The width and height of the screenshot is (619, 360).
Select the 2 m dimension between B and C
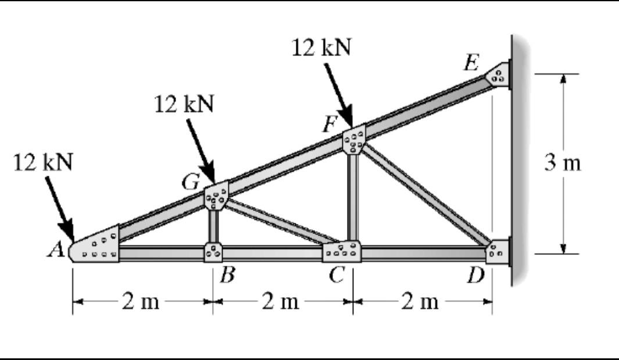point(281,302)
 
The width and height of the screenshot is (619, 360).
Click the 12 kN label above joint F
point(321,48)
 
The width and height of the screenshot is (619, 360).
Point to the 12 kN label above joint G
point(184,104)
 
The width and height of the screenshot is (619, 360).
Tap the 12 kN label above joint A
point(44,162)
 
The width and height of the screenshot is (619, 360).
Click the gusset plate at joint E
point(499,74)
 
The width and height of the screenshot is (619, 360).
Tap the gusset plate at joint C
point(342,251)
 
